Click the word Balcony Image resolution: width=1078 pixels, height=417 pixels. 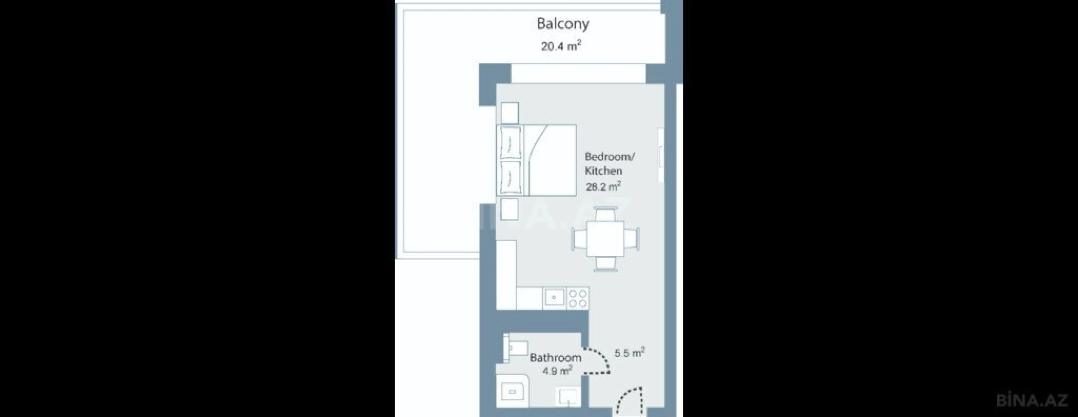coord(563,24)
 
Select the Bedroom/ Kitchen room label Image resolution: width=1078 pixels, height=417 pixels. coord(609,164)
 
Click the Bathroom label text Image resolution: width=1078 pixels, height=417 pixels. coord(555,358)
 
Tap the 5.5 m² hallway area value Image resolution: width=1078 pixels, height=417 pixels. coord(629,353)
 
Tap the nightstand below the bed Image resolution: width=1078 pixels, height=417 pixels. coord(509,209)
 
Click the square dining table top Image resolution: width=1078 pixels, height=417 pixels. coord(605,239)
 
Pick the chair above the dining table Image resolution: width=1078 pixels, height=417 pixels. coord(605,215)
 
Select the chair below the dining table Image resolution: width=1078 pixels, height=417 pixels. coord(605,263)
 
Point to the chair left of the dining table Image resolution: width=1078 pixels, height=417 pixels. coord(580,239)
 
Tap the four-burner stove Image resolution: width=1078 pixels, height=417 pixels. coord(578,298)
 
